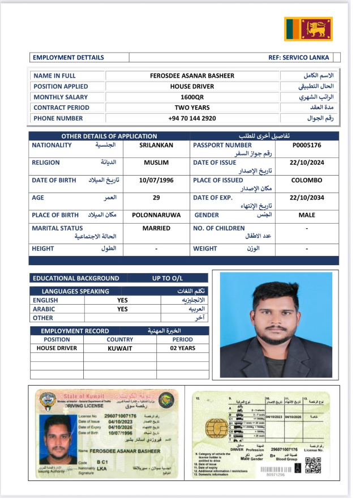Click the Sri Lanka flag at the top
(308, 29)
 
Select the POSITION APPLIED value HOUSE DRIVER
(192, 87)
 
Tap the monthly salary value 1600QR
(192, 97)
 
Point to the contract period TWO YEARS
(192, 108)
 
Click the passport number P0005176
(307, 146)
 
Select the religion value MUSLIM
(156, 163)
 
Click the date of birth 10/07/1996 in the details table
(156, 181)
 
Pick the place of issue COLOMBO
(307, 181)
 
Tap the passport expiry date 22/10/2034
(307, 198)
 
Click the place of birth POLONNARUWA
(156, 216)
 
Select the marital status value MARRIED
(156, 229)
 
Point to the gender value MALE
(307, 216)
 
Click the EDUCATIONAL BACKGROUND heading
(76, 279)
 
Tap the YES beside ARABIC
(122, 309)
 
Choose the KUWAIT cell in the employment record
(119, 349)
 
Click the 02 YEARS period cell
(183, 349)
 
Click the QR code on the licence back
(314, 465)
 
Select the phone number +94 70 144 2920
(192, 119)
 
